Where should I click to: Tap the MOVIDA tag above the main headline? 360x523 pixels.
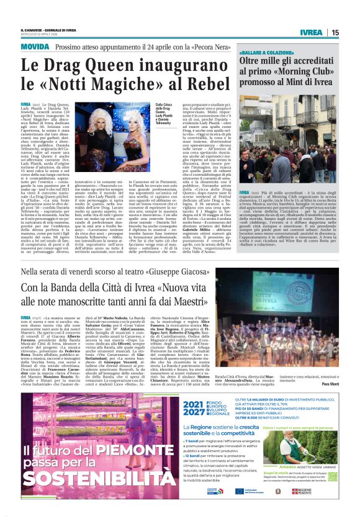(x=35, y=47)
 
